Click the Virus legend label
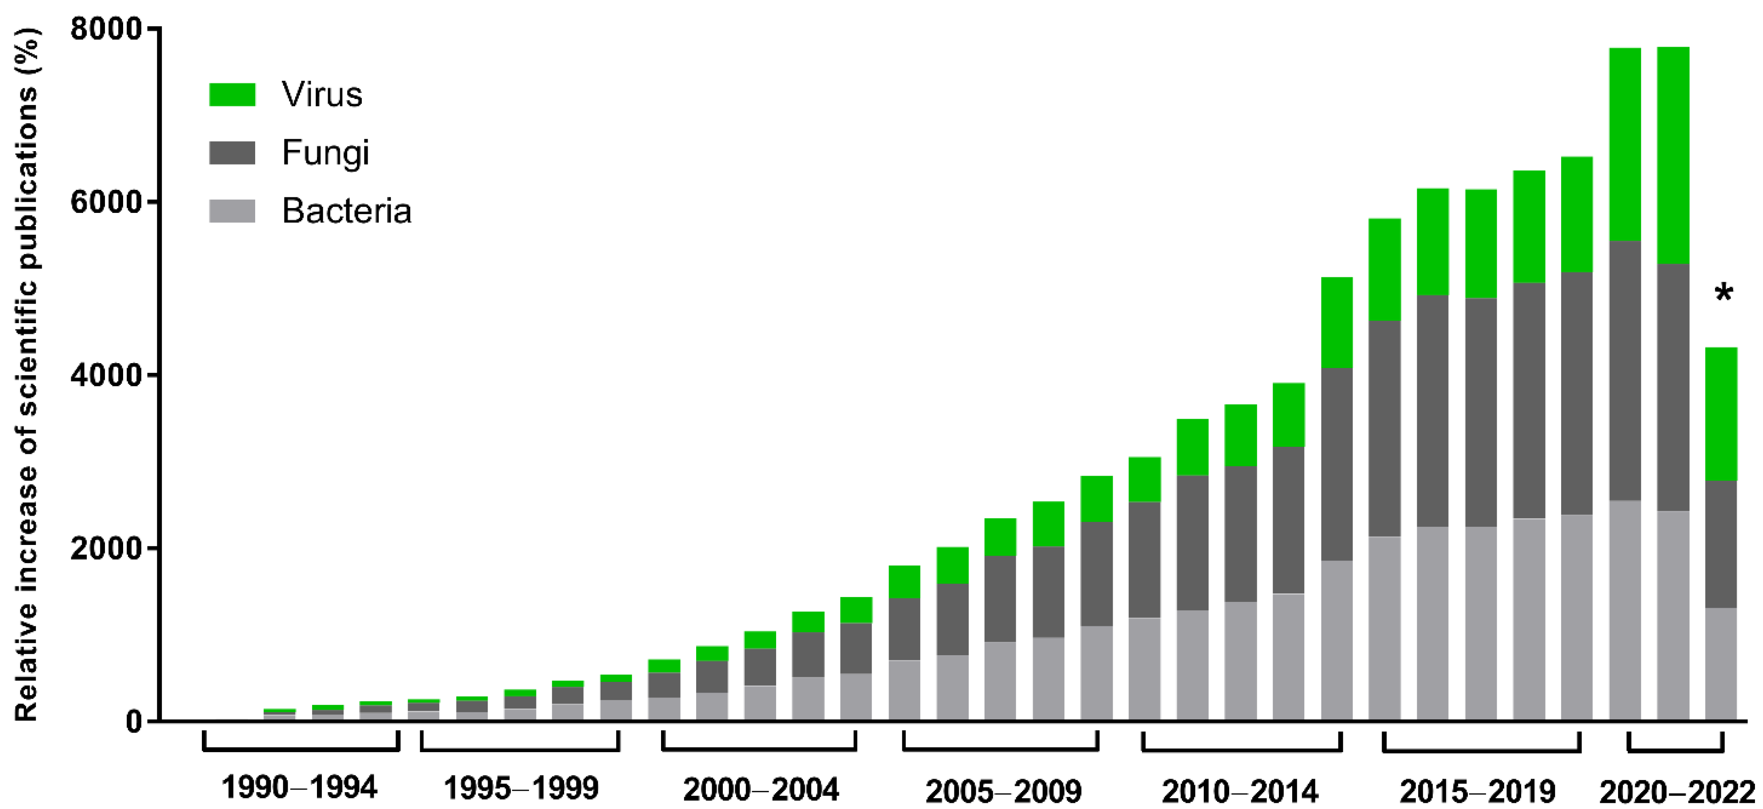(x=322, y=94)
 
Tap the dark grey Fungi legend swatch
(x=232, y=152)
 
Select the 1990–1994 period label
(x=299, y=788)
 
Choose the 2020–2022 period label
(x=1677, y=793)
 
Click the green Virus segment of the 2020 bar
(x=1625, y=144)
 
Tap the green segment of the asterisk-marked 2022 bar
(x=1721, y=414)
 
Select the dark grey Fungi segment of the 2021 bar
(x=1673, y=387)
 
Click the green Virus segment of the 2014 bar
(x=1337, y=322)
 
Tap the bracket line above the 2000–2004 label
(x=759, y=749)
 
